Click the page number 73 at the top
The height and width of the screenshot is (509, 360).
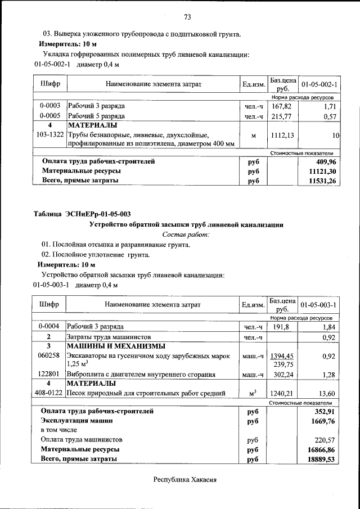(188, 15)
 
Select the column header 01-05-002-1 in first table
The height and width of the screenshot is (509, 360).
(319, 84)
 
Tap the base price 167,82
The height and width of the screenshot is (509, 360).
(281, 106)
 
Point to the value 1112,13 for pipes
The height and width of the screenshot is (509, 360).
(281, 135)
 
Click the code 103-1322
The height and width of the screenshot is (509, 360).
(49, 135)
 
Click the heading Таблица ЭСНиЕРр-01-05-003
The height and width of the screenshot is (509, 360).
(82, 214)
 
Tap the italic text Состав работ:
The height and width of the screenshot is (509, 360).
(186, 234)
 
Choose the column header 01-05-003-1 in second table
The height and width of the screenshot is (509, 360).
(318, 304)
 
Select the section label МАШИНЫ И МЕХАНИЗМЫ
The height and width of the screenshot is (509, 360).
(116, 346)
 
